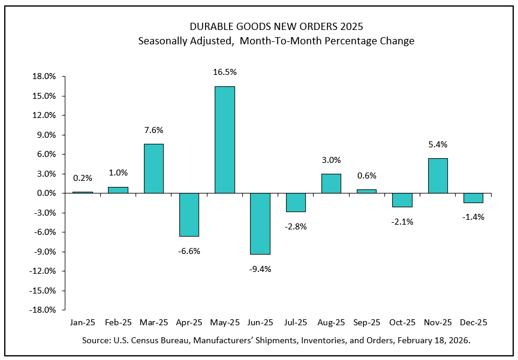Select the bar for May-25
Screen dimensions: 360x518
pos(225,140)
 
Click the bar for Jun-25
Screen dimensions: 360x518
pos(260,223)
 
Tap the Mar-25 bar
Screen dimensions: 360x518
pos(153,168)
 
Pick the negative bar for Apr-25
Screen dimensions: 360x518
pos(189,214)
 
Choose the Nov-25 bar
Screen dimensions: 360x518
pos(438,176)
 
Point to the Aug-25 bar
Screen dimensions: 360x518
pos(331,183)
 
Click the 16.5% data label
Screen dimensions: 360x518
pos(225,72)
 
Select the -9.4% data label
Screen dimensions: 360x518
pos(260,269)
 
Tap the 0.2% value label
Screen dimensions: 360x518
pos(83,178)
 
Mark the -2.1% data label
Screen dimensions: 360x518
pos(402,222)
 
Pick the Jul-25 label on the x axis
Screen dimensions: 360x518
pos(296,322)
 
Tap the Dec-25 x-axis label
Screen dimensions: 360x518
pos(473,322)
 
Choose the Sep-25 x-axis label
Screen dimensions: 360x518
pos(366,322)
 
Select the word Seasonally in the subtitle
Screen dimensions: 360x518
pos(163,41)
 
